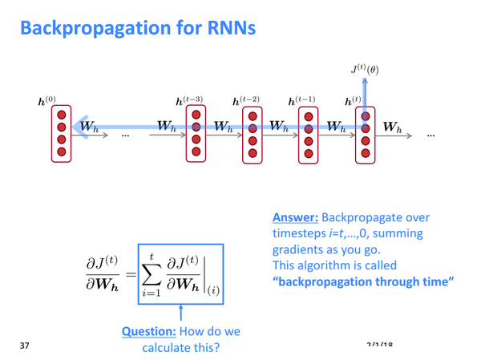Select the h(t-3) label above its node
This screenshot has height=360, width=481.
pyautogui.click(x=189, y=102)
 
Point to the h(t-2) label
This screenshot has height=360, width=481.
pyautogui.click(x=246, y=102)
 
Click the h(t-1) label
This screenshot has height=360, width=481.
pyautogui.click(x=303, y=102)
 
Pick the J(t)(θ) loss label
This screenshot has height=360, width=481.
pyautogui.click(x=365, y=70)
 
